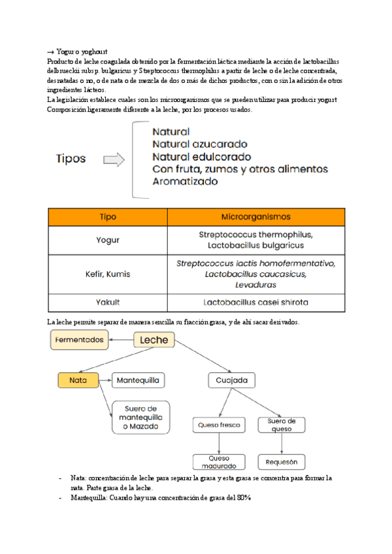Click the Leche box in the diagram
[154, 340]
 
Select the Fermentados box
[80, 340]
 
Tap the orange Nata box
[78, 380]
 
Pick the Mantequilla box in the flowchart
[139, 380]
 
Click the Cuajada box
[231, 380]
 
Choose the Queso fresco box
[218, 425]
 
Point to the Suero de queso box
[282, 425]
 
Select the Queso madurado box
[219, 462]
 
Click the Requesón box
[282, 462]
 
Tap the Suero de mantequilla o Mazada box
[140, 417]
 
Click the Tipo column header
[108, 216]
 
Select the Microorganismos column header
[256, 216]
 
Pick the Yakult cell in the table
[108, 302]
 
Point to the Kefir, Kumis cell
[108, 274]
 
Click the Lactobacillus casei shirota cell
[256, 302]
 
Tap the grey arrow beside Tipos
[115, 159]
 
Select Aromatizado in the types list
[185, 182]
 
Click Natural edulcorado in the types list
[201, 157]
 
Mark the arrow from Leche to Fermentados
[122, 340]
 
